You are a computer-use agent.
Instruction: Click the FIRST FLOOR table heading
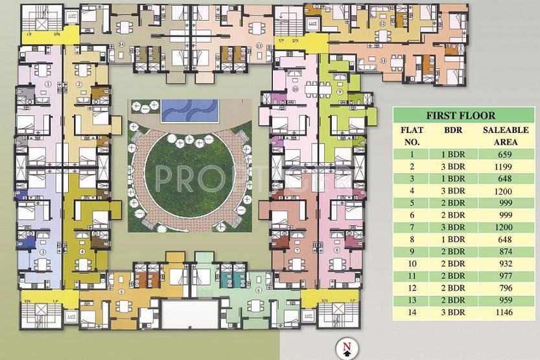[x=460, y=116]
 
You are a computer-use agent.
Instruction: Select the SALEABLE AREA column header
[x=506, y=136]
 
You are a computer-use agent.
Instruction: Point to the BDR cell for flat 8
[x=454, y=239]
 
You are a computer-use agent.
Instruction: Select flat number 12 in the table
[x=412, y=288]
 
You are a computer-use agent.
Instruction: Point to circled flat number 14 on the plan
[x=121, y=44]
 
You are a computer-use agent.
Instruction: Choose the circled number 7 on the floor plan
[x=296, y=250]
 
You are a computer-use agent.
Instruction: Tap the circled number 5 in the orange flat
[x=122, y=292]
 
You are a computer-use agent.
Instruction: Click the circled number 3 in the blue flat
[x=43, y=252]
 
